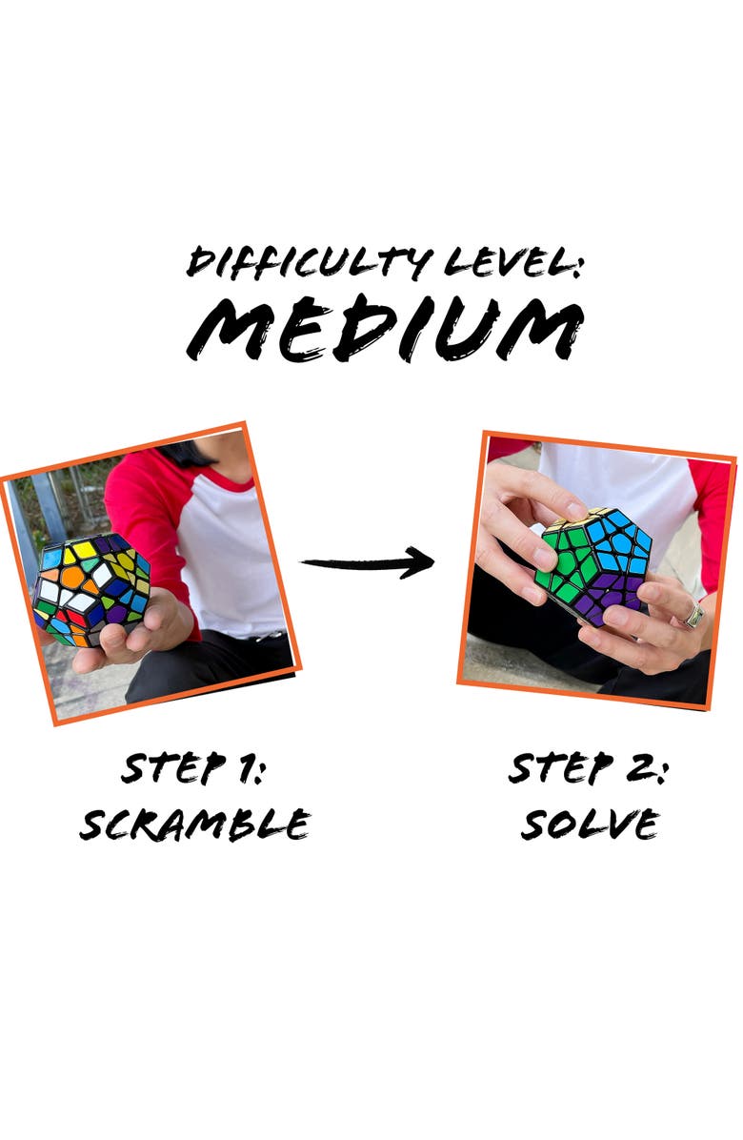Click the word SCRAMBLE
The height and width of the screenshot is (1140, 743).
[195, 824]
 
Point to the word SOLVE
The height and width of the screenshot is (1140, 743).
[590, 824]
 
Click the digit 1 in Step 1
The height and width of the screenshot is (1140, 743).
[245, 769]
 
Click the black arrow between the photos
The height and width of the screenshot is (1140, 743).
[368, 562]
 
